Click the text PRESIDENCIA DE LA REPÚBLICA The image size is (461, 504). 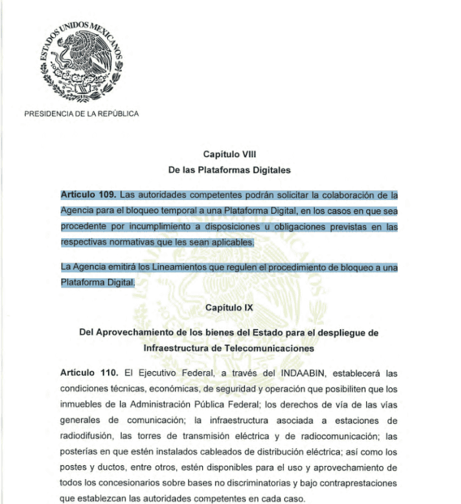81,114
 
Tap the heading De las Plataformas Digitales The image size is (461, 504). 229,169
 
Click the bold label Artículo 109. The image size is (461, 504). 88,195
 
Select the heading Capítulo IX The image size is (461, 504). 229,307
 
